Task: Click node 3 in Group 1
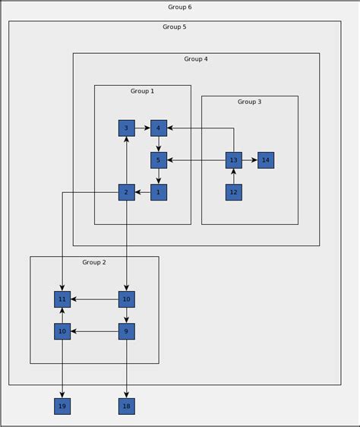(127, 128)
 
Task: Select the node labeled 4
(159, 128)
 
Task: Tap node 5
(159, 160)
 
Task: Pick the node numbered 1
(159, 192)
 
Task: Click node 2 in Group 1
(127, 192)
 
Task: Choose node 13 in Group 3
(234, 160)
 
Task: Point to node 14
(266, 160)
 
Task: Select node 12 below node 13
(234, 192)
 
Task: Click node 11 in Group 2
(62, 299)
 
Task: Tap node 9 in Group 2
(127, 331)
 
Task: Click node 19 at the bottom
(62, 406)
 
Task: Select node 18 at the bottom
(127, 406)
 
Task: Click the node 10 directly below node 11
(62, 331)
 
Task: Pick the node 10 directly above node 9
(127, 299)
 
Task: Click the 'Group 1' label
(142, 91)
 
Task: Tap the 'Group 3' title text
(249, 102)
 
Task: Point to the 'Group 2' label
(94, 262)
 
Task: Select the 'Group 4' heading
(196, 59)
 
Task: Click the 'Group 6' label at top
(180, 7)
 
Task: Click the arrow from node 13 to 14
(250, 160)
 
